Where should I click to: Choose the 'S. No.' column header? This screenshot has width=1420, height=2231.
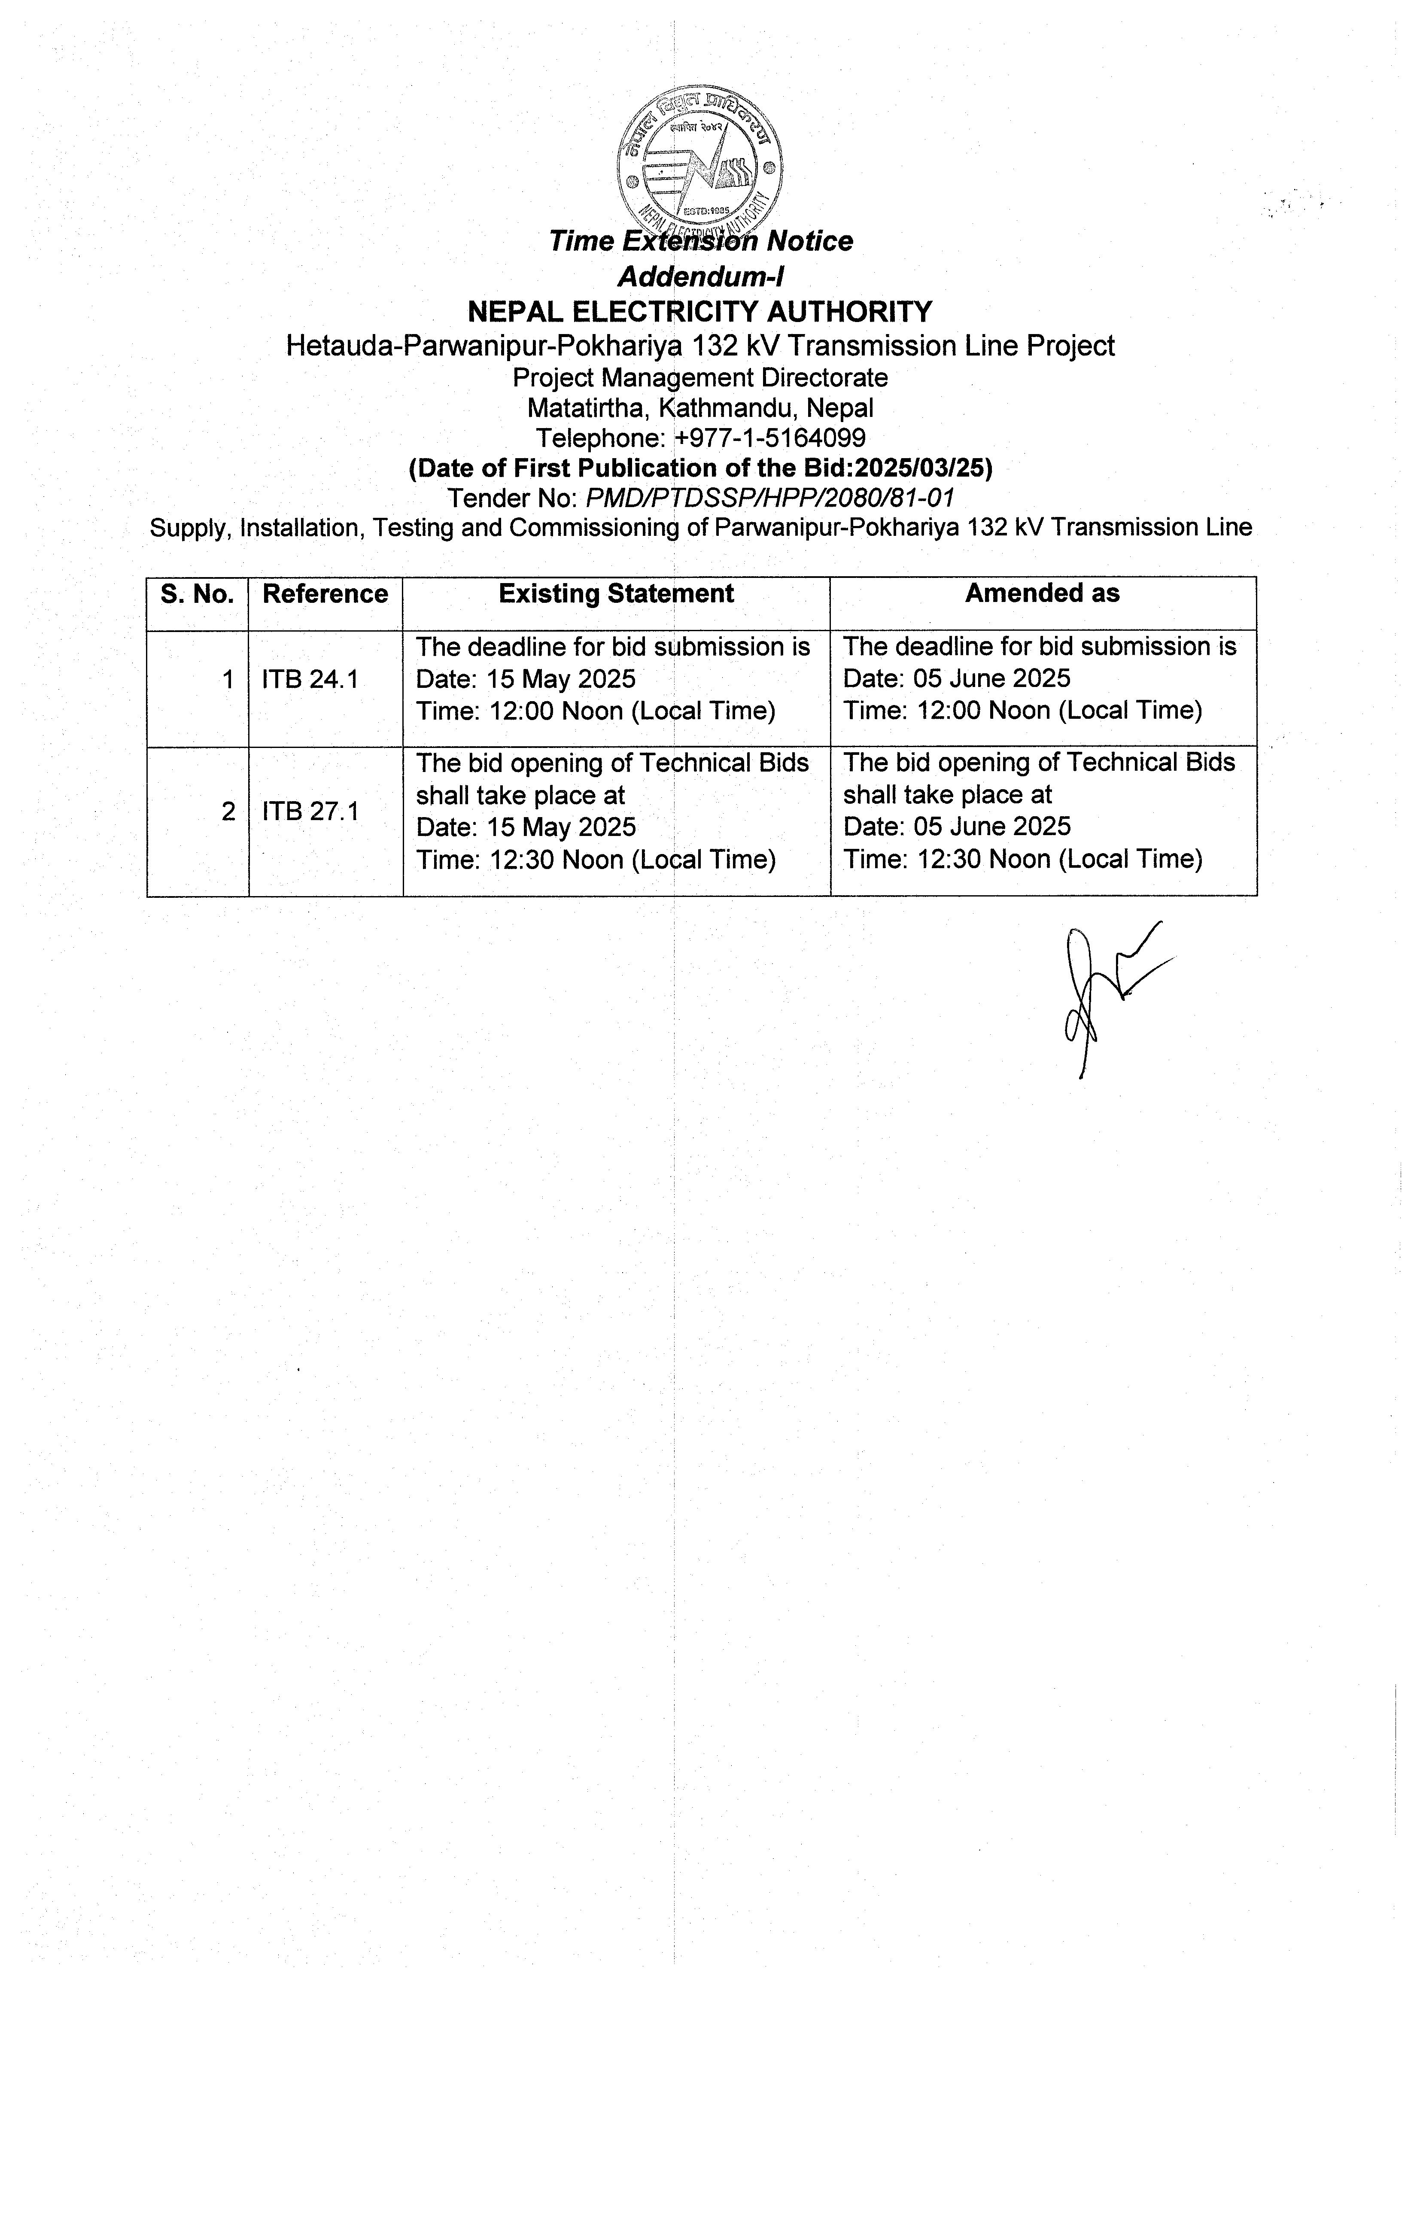point(197,594)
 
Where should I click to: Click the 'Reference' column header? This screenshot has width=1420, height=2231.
point(325,594)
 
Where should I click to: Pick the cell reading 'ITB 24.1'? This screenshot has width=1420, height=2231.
point(310,680)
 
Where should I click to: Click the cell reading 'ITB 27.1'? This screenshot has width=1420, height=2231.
point(310,812)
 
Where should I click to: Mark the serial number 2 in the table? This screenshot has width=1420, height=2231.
point(228,812)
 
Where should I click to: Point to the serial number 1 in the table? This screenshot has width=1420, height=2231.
point(228,680)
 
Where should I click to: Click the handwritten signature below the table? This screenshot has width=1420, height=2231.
point(1107,996)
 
